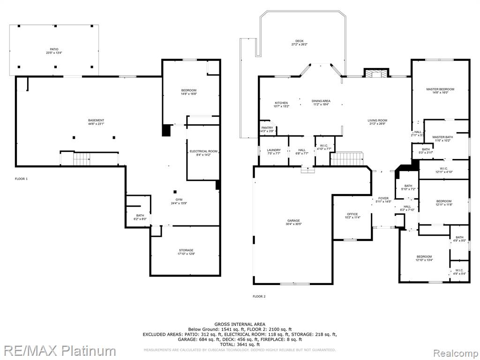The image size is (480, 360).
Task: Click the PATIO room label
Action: click(55, 49)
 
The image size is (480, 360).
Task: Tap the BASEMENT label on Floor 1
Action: click(96, 120)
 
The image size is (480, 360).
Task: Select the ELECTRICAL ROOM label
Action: click(203, 151)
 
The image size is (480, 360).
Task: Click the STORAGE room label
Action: click(186, 250)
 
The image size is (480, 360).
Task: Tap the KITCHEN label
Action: click(281, 103)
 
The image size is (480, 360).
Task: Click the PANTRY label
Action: click(267, 128)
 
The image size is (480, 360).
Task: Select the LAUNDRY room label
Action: click(274, 150)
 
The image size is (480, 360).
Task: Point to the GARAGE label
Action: click(294, 221)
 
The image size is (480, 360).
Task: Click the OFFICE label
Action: click(352, 214)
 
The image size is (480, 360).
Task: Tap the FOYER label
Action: click(383, 198)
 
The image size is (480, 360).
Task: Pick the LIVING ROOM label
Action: click(377, 120)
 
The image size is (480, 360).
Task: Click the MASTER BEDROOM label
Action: click(440, 89)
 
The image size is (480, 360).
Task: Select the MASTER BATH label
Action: click(443, 137)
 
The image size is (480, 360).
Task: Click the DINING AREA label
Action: click(321, 101)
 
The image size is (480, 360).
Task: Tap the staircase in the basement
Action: click(82, 159)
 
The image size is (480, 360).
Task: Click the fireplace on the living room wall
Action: click(376, 74)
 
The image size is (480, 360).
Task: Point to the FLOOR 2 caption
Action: click(259, 296)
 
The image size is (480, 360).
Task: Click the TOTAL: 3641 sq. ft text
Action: click(240, 345)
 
